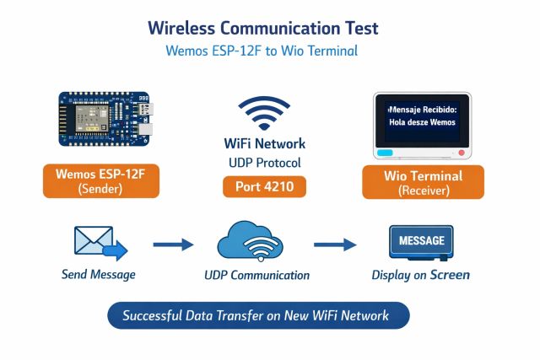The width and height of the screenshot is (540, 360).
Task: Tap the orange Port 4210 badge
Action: click(264, 186)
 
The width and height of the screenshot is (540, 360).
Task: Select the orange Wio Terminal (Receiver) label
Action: click(423, 182)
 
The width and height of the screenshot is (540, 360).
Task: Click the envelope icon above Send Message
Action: click(99, 242)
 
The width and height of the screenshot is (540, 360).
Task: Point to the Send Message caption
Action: click(99, 275)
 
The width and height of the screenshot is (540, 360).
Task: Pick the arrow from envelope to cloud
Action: click(173, 244)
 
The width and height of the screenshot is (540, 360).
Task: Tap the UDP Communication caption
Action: click(256, 275)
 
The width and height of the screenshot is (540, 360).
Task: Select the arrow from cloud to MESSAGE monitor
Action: click(335, 244)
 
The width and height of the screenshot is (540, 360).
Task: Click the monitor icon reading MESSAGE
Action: click(421, 242)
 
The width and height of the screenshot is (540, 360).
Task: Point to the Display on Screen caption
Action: click(421, 275)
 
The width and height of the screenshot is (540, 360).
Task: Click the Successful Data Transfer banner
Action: click(258, 316)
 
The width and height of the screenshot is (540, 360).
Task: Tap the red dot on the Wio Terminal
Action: click(462, 153)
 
